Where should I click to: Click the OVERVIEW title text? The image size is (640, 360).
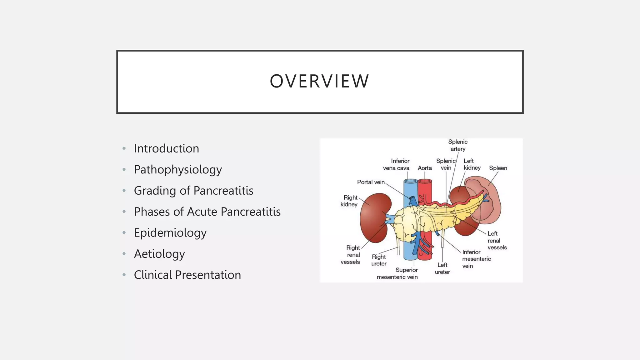click(319, 81)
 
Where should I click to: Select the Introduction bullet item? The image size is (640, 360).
click(166, 148)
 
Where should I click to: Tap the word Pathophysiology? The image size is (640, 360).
click(178, 170)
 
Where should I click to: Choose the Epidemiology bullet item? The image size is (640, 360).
click(170, 233)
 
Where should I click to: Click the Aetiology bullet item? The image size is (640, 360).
click(159, 254)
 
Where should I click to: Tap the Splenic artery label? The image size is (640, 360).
click(458, 145)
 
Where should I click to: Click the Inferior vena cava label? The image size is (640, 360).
click(396, 164)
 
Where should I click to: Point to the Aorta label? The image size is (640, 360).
click(425, 168)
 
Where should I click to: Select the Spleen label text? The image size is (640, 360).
click(498, 168)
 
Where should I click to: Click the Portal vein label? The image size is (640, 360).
click(371, 182)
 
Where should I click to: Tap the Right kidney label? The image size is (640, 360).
click(349, 201)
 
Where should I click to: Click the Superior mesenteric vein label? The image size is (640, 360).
click(397, 273)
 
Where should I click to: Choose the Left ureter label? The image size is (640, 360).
click(442, 268)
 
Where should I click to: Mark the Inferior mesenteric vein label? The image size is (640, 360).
click(476, 259)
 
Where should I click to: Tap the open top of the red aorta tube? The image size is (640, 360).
click(425, 181)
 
